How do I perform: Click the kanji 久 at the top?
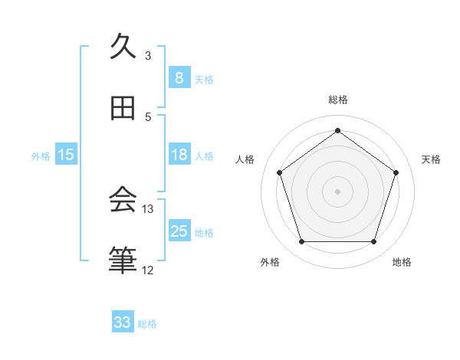click(123, 47)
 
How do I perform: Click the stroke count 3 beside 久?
click(148, 55)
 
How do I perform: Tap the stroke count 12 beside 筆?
click(148, 270)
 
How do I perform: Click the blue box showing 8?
click(179, 77)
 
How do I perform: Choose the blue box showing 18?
click(179, 155)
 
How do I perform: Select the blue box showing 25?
click(179, 231)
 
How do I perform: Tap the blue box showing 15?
click(66, 155)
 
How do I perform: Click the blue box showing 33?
click(123, 322)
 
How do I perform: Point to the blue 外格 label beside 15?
click(41, 156)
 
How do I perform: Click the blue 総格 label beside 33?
click(147, 324)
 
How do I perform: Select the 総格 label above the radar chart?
click(337, 100)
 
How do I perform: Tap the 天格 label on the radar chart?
click(431, 159)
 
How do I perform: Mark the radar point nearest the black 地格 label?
click(373, 242)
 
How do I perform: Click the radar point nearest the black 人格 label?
click(279, 172)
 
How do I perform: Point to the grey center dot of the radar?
click(337, 191)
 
